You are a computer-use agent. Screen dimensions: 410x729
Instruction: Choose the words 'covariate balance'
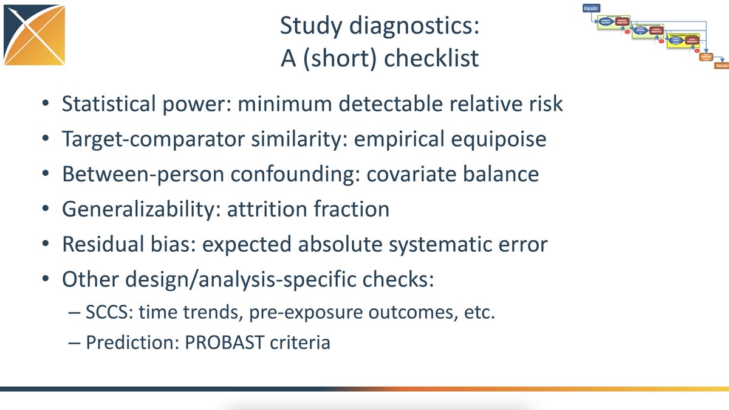[458, 175]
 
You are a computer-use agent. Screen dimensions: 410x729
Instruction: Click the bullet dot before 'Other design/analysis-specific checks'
[47, 280]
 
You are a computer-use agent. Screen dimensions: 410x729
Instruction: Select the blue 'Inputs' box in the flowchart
[591, 9]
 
